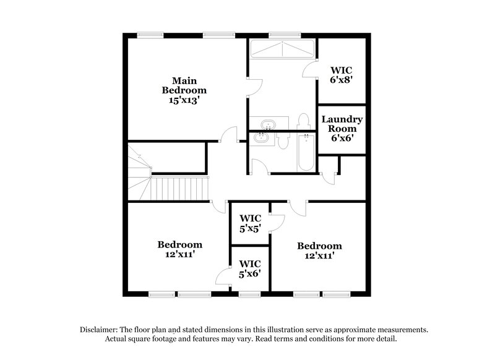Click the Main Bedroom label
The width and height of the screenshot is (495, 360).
(184, 85)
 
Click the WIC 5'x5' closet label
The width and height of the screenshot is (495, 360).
(251, 223)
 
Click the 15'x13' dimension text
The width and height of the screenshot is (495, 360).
(184, 100)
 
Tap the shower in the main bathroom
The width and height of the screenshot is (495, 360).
(282, 50)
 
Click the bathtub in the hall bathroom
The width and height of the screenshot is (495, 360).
(306, 153)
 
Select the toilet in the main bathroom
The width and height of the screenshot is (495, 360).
(303, 120)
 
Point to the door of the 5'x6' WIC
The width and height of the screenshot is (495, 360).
(223, 276)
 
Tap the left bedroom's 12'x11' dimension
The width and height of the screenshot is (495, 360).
(179, 254)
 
